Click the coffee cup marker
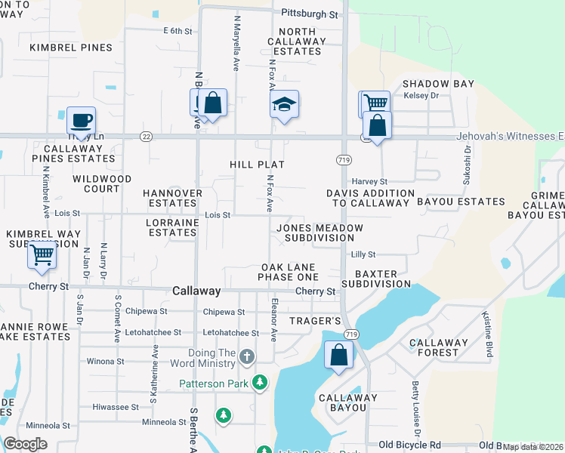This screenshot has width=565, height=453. tap(81, 119)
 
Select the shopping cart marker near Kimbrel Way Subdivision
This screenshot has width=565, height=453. tap(42, 254)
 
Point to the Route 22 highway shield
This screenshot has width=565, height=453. tap(147, 136)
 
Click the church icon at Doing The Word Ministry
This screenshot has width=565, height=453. tap(246, 355)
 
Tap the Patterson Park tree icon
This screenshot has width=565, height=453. tap(260, 384)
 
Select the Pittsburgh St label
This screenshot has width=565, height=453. tap(310, 14)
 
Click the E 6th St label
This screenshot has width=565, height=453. tap(178, 31)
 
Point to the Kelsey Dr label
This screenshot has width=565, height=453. tap(421, 96)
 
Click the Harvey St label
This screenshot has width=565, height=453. tap(369, 182)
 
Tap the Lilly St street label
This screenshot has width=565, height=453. tap(363, 255)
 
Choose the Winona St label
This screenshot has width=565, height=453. tap(100, 361)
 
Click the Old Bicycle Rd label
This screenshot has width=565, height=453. tap(409, 445)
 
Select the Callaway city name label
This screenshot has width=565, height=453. tap(196, 291)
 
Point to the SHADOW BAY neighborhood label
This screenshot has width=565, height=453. tap(438, 84)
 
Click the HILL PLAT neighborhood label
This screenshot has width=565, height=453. tap(257, 164)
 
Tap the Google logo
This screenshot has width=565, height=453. tap(25, 444)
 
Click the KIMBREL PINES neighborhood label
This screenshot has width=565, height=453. tap(71, 48)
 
